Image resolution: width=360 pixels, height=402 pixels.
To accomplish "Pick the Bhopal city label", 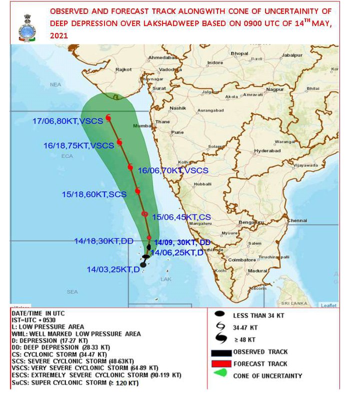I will (x=239, y=53).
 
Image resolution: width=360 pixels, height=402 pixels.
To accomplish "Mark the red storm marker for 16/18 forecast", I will (x=119, y=143).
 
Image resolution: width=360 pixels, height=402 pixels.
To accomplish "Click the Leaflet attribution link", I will (x=328, y=305).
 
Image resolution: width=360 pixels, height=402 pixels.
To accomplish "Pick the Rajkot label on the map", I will (x=123, y=70).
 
